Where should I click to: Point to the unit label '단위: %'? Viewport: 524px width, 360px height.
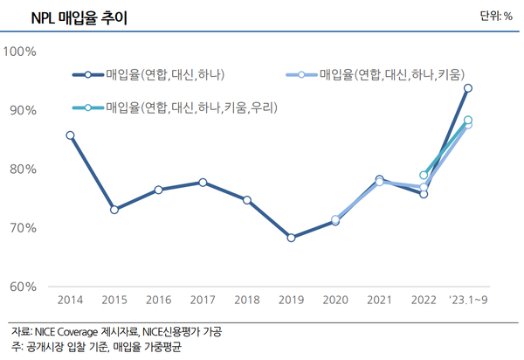pyautogui.click(x=496, y=16)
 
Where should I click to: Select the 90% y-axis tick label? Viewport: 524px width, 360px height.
pyautogui.click(x=22, y=110)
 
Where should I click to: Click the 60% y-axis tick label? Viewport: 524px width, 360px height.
pyautogui.click(x=22, y=287)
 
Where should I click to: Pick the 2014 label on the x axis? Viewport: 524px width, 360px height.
pyautogui.click(x=70, y=300)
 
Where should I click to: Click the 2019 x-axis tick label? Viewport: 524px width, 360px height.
pyautogui.click(x=291, y=300)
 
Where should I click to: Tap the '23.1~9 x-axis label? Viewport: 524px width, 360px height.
pyautogui.click(x=468, y=300)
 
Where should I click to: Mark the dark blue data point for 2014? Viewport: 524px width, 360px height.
pyautogui.click(x=70, y=135)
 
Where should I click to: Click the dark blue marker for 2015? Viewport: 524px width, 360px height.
pyautogui.click(x=114, y=210)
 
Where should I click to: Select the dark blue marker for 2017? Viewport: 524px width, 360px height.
pyautogui.click(x=203, y=183)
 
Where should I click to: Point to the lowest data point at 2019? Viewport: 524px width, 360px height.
pyautogui.click(x=291, y=238)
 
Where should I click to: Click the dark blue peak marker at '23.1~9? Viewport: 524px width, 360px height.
pyautogui.click(x=468, y=88)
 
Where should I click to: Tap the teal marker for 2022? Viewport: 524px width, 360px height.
pyautogui.click(x=424, y=176)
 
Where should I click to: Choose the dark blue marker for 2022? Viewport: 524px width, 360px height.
pyautogui.click(x=424, y=194)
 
